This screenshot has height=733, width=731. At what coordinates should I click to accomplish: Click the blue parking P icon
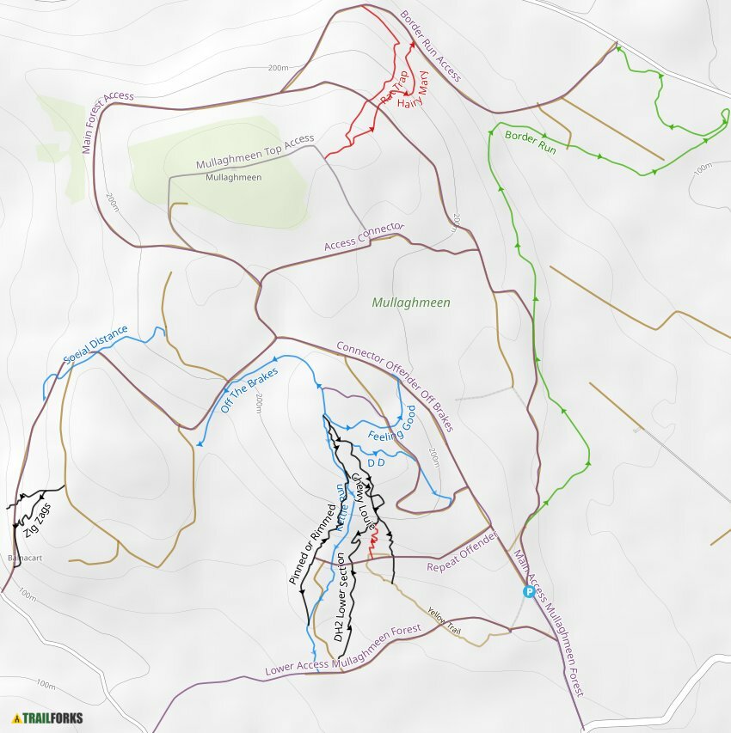(x=529, y=591)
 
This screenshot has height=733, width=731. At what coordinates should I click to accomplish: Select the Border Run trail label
(x=531, y=141)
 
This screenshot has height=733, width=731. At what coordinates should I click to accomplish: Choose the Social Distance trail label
(x=95, y=345)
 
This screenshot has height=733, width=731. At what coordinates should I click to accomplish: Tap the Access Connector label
(x=364, y=237)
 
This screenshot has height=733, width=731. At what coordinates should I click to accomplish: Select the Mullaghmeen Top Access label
(x=255, y=152)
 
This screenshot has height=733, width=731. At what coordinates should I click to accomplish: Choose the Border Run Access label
(x=431, y=46)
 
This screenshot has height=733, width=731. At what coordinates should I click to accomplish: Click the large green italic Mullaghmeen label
(x=411, y=302)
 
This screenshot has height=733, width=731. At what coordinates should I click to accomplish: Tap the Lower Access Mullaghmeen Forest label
(x=343, y=649)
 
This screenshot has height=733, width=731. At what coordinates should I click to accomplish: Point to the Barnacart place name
(x=25, y=557)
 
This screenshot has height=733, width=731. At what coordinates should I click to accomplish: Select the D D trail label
(x=376, y=463)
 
